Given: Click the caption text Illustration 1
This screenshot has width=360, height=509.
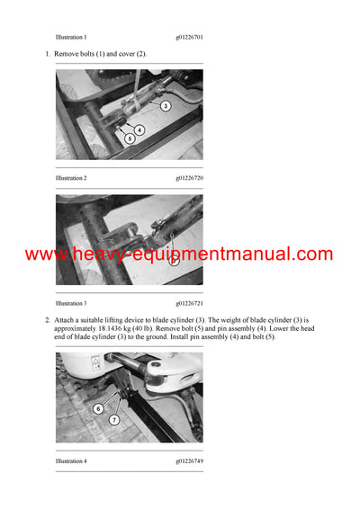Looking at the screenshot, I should [71, 37].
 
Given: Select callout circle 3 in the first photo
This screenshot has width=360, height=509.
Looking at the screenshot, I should [166, 106].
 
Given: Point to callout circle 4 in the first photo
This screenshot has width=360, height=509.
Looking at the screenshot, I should [139, 129].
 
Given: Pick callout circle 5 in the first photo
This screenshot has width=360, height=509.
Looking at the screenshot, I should [130, 138].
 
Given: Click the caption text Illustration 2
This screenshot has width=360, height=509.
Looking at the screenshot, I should [71, 178].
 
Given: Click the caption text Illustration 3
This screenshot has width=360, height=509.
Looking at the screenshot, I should [71, 303].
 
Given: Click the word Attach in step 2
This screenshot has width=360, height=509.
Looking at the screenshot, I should [66, 320].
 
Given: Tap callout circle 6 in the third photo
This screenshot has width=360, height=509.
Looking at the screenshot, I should [97, 409].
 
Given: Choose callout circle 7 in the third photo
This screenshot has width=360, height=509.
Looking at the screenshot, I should [114, 420].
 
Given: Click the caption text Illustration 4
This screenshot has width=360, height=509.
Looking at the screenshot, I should [71, 461].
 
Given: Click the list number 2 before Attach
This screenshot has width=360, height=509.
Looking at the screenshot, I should [47, 320].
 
